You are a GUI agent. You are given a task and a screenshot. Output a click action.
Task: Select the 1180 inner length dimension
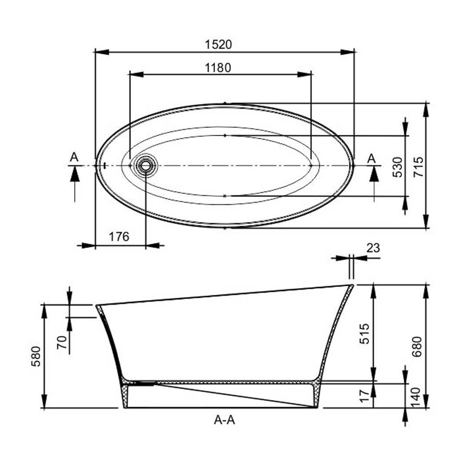(218, 68)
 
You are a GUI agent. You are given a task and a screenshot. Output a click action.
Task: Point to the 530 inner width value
(398, 167)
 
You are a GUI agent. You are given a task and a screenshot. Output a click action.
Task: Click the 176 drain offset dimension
(119, 236)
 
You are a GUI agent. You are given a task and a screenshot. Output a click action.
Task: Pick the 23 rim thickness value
(373, 248)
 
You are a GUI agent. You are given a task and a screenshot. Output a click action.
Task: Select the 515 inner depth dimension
(365, 333)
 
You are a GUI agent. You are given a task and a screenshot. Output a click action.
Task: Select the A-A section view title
(224, 420)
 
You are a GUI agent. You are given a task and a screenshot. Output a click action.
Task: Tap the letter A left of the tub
(74, 157)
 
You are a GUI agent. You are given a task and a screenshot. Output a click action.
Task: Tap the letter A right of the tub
(371, 158)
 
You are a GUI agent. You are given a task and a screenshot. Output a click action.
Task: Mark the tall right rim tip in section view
(351, 286)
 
